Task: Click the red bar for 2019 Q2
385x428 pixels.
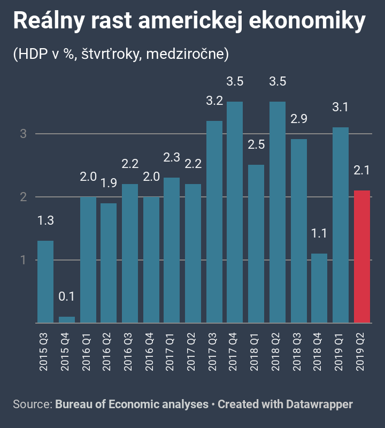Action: coord(361,257)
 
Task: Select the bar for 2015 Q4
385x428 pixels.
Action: coord(67,320)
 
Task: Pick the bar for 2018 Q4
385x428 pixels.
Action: coord(319,288)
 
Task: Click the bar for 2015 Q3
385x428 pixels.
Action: coord(45,282)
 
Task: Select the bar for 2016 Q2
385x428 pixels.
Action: coord(109,263)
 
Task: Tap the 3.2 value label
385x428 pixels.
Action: coord(214,101)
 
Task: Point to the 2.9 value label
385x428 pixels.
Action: coord(298,119)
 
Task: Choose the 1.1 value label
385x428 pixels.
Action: coord(319,234)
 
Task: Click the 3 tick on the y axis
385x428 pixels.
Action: coord(24,134)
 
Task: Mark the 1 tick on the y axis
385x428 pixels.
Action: coord(24,260)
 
